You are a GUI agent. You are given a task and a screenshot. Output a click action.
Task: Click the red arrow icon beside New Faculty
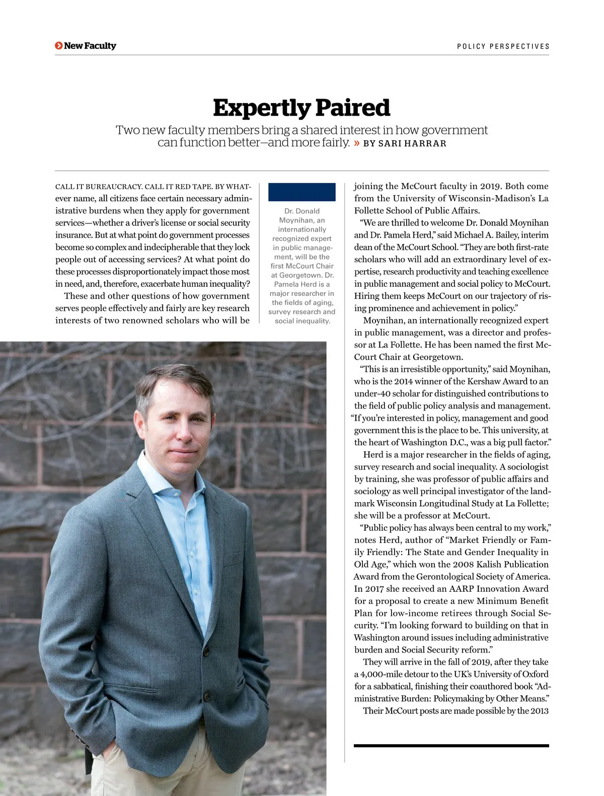click(59, 46)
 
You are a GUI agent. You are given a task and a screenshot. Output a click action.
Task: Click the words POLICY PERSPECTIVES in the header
click(503, 46)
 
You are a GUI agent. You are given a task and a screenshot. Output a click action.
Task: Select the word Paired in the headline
click(353, 108)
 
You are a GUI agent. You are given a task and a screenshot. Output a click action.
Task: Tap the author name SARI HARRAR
click(412, 143)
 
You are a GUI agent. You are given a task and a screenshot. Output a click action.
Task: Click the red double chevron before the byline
click(357, 143)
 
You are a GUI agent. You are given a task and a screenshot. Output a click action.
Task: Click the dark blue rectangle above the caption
click(301, 192)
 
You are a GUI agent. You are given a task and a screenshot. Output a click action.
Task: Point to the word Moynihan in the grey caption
click(302, 220)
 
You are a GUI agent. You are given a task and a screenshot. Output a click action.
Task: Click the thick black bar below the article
click(451, 746)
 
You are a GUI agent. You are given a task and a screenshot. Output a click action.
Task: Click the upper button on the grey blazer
click(206, 652)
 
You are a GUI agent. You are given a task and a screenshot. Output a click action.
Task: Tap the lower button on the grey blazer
click(206, 696)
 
